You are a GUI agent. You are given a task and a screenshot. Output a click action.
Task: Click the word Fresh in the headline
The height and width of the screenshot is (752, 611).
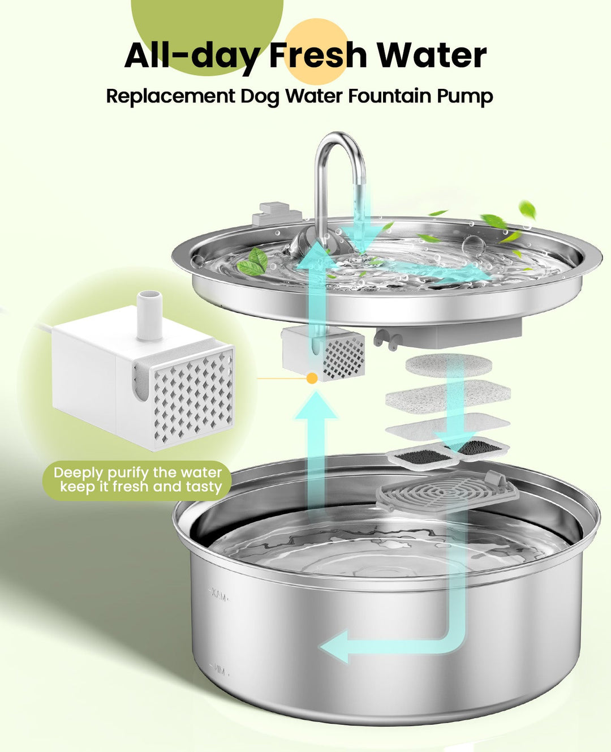click(318, 55)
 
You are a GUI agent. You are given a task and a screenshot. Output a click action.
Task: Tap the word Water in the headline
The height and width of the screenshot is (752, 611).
click(432, 55)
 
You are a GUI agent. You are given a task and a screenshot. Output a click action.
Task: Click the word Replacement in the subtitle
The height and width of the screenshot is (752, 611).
click(170, 97)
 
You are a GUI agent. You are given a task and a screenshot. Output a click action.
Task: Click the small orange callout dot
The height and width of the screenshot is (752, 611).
click(311, 379)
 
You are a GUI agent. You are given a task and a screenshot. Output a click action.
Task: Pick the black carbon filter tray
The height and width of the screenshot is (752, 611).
click(450, 452)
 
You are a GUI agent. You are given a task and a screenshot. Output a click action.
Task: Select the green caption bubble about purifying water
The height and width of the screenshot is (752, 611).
click(137, 480)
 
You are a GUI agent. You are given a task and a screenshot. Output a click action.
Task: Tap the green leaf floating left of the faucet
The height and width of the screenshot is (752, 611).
click(253, 262)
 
